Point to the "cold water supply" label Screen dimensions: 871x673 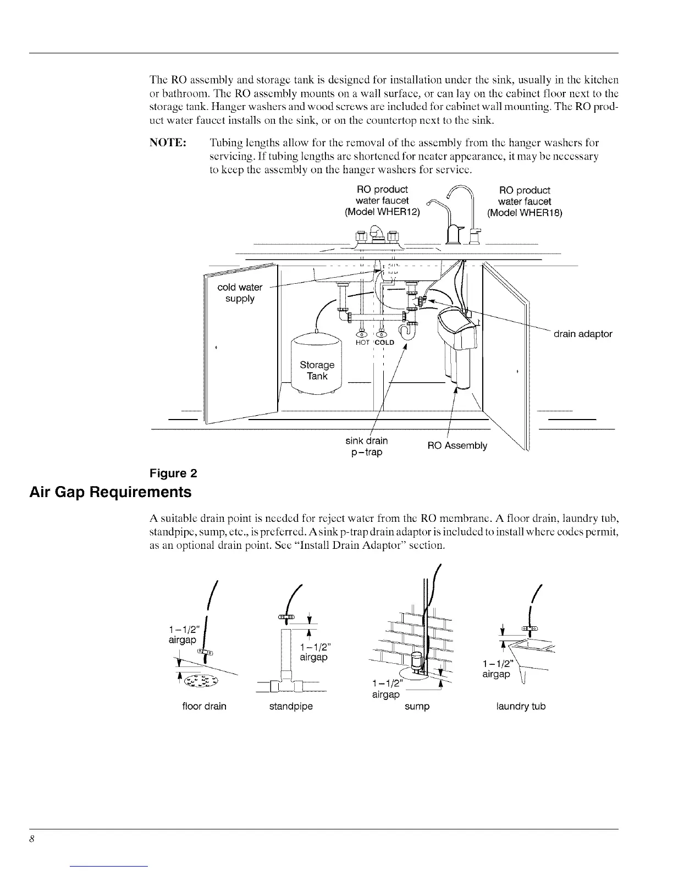pos(240,293)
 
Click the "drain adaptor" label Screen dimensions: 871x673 pos(582,334)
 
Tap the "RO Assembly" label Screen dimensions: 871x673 pos(457,445)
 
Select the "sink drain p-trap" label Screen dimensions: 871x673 pos(367,446)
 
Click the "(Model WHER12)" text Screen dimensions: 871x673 pos(382,212)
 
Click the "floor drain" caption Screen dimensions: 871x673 pos(204,706)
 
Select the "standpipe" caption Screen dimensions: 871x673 pos(291,706)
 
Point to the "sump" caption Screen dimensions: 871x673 pos(417,706)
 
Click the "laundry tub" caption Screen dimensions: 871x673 pos(521,706)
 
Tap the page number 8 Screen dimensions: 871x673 pos(32,839)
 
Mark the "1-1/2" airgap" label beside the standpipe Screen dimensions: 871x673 pos(314,652)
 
